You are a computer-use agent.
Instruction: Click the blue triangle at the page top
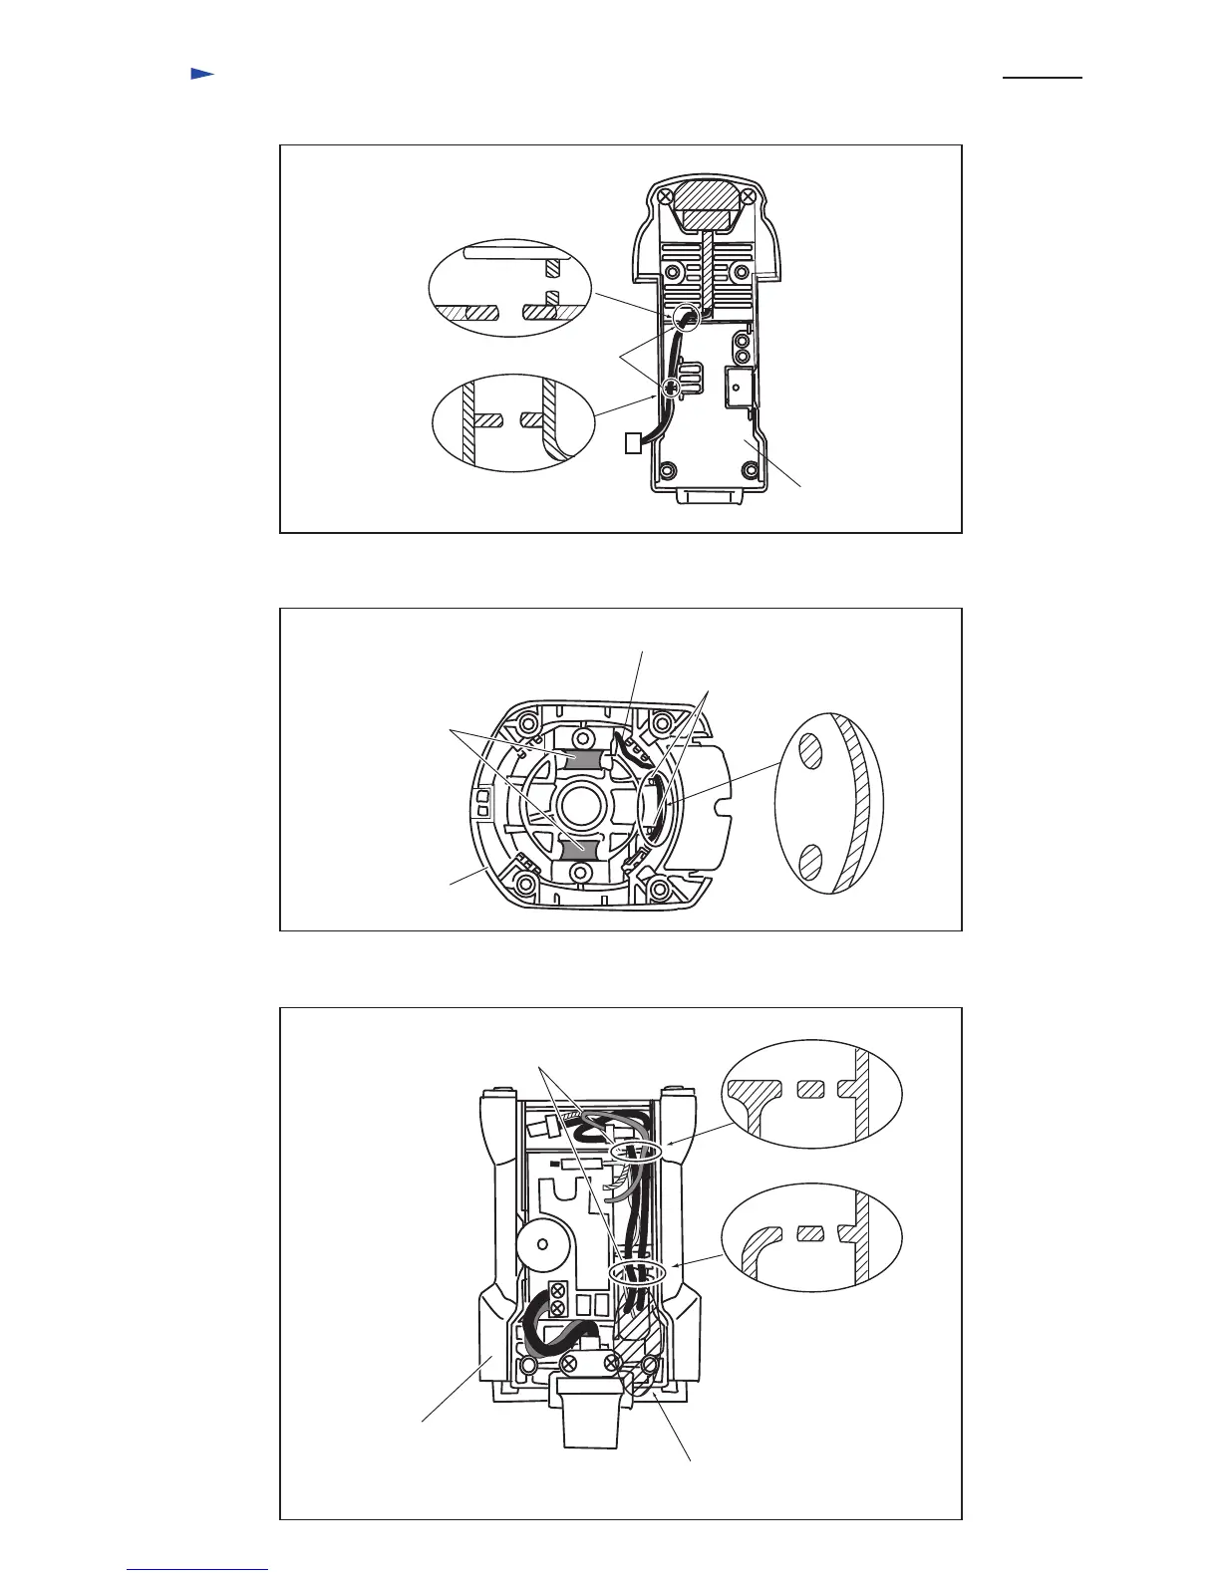pyautogui.click(x=202, y=74)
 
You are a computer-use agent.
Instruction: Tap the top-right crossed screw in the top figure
pyautogui.click(x=762, y=198)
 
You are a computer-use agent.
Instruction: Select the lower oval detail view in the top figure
pyautogui.click(x=513, y=420)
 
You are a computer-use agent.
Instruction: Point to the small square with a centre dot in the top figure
pyautogui.click(x=740, y=383)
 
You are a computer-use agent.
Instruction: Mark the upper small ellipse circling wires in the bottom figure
pyautogui.click(x=635, y=1152)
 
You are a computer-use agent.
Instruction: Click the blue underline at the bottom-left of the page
pyautogui.click(x=197, y=1570)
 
